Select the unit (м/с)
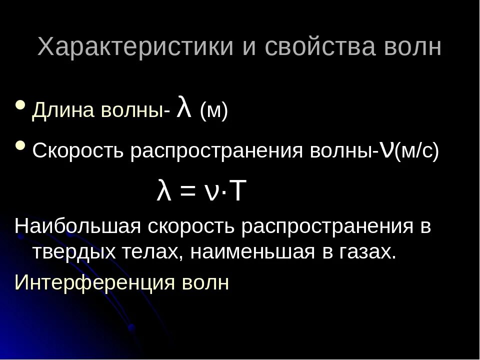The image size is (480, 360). [x=416, y=151]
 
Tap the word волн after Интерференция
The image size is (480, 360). [x=205, y=282]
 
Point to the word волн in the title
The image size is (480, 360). [x=413, y=47]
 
